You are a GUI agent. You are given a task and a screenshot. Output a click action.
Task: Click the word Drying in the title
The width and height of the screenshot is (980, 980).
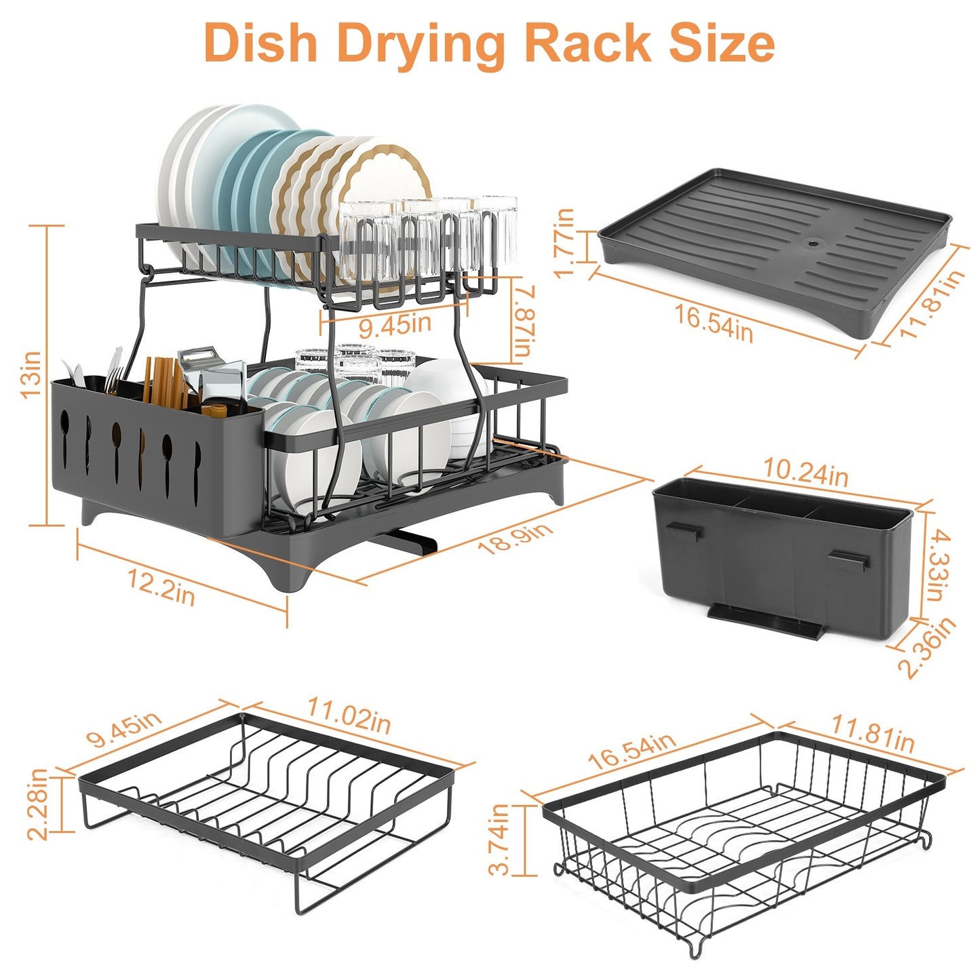421,44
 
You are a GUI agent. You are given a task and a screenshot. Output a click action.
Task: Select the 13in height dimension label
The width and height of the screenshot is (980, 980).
32,374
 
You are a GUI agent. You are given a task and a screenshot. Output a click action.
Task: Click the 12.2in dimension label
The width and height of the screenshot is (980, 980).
162,587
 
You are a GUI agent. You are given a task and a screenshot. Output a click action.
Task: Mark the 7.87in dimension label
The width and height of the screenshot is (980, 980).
524,321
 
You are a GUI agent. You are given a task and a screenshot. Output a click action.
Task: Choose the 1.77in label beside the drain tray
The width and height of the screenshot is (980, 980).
565,243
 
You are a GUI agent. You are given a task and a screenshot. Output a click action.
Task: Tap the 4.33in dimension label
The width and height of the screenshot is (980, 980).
938,565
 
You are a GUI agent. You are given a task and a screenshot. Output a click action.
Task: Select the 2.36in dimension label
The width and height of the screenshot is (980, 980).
928,647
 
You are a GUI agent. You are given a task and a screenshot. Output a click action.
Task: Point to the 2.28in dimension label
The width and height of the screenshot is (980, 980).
38,804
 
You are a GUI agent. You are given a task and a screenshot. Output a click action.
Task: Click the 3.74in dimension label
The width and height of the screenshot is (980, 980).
500,839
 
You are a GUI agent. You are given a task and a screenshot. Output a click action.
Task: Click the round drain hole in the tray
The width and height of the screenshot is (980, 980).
810,242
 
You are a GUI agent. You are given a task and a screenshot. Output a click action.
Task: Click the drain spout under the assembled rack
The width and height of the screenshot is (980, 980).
407,541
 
